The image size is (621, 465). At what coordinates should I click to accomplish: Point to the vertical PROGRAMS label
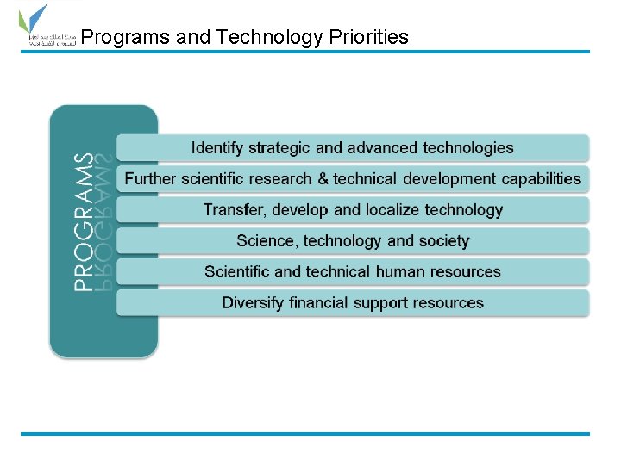click(x=84, y=221)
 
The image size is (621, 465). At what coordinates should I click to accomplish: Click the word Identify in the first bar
click(x=216, y=148)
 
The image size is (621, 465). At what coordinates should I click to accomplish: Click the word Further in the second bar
click(x=150, y=179)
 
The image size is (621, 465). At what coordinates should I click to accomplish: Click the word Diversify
click(x=254, y=303)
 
